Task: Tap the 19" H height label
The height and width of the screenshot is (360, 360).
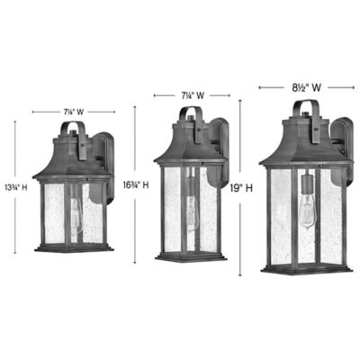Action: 244,189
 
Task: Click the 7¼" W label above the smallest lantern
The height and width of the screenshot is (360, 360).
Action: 73,111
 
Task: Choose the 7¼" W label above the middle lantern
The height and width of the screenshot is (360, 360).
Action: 190,94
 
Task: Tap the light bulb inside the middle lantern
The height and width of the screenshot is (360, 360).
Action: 190,211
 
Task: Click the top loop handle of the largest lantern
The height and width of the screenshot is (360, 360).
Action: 304,112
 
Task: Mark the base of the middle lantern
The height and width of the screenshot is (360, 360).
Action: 190,257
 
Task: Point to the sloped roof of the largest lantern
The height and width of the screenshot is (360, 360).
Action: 303,149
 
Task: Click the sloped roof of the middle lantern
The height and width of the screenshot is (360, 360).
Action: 189,148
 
